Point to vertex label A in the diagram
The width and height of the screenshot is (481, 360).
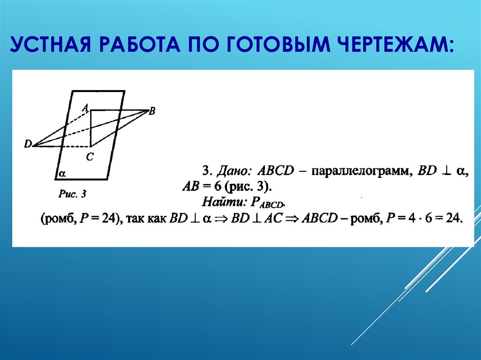tap(85, 108)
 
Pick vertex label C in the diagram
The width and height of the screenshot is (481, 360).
tap(90, 158)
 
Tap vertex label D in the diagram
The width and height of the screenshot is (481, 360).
tap(27, 144)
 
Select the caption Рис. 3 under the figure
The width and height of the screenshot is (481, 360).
tap(71, 193)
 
